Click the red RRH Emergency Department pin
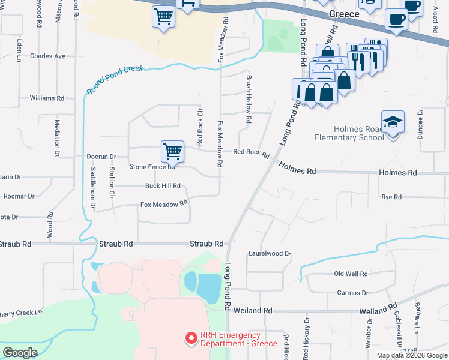(x=191, y=339)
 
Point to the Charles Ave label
(x=47, y=56)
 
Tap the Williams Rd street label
(x=47, y=98)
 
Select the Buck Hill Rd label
(x=163, y=186)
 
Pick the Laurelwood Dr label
(x=270, y=254)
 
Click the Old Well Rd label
(x=351, y=274)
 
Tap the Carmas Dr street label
(x=352, y=293)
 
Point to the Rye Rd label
(x=391, y=197)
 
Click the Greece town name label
(x=344, y=13)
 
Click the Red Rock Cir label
(x=200, y=127)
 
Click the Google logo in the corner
(x=20, y=353)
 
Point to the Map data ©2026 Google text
(x=412, y=355)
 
